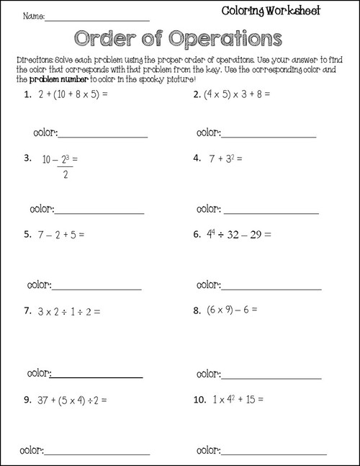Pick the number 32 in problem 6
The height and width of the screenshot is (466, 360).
(245, 234)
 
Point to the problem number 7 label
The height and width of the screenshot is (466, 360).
(27, 312)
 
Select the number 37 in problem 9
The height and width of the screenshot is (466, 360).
(46, 399)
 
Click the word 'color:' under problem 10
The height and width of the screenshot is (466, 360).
(206, 451)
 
